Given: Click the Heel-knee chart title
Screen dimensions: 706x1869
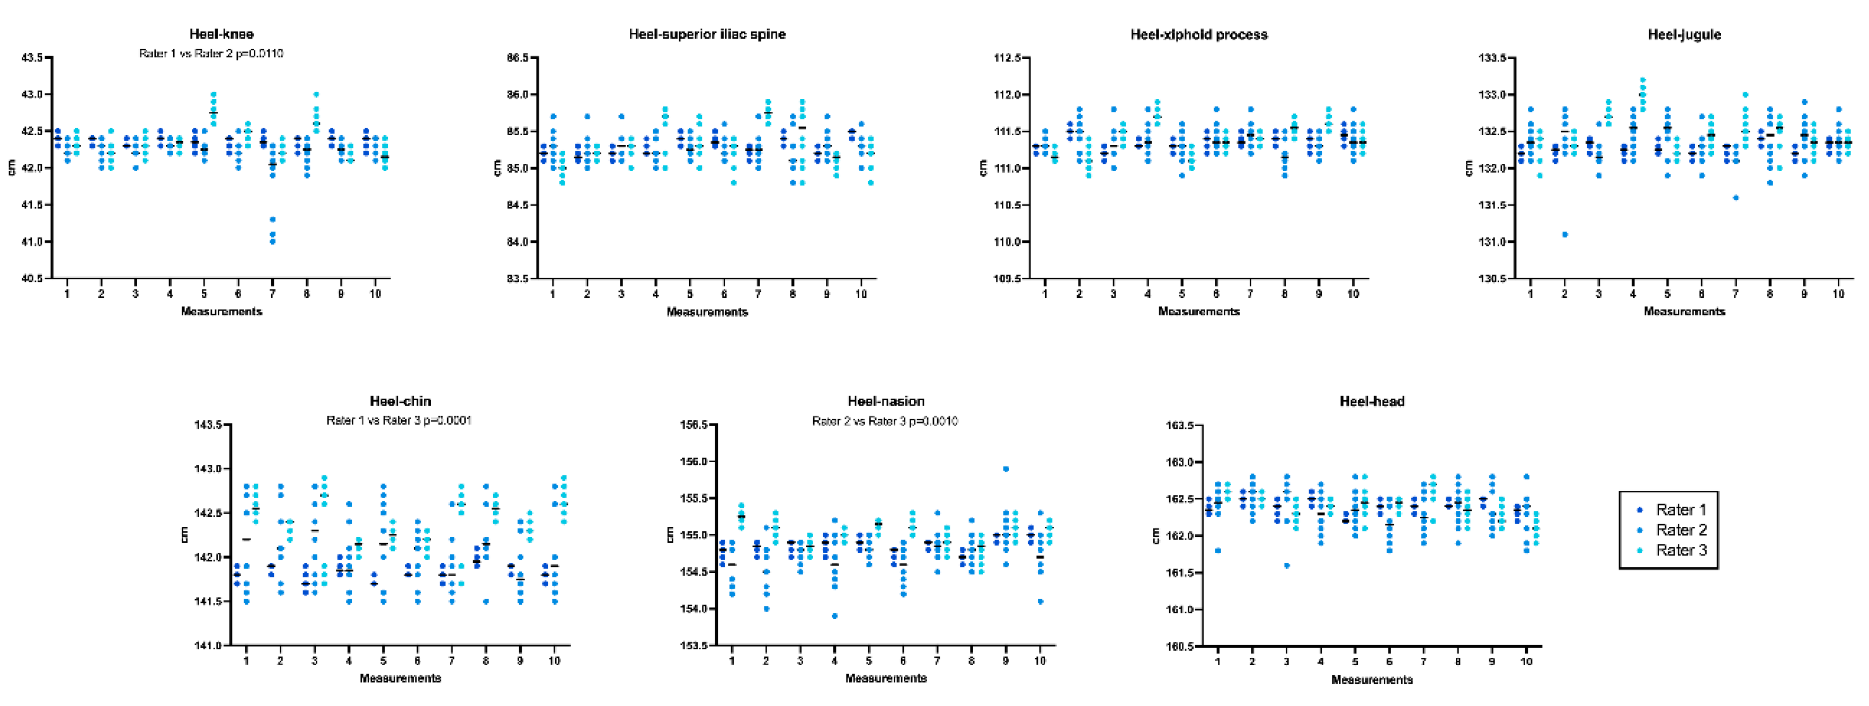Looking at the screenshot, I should tap(221, 34).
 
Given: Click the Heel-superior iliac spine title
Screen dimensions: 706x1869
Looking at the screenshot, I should tap(707, 34).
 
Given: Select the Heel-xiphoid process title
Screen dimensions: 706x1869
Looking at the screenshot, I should tap(1199, 34).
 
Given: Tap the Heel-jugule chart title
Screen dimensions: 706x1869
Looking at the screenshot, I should tap(1684, 34).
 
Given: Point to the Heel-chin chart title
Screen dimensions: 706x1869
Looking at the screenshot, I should tap(400, 401).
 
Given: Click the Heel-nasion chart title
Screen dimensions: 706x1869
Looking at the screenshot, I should tap(886, 401).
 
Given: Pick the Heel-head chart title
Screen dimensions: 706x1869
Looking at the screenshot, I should tap(1371, 401).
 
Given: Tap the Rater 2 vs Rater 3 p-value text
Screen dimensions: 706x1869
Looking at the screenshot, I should tap(885, 421).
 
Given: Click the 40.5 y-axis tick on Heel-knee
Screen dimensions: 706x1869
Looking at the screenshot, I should tap(32, 279).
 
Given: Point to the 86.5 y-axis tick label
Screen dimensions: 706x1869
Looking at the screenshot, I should tap(517, 57).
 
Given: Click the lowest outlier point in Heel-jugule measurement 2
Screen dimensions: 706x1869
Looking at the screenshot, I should tap(1565, 234).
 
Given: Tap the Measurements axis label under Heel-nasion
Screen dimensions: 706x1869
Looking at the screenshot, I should tap(886, 678).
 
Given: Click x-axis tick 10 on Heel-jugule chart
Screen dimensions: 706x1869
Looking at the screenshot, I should tap(1838, 294).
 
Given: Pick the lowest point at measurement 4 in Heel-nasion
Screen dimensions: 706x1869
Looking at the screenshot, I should tap(834, 616).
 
